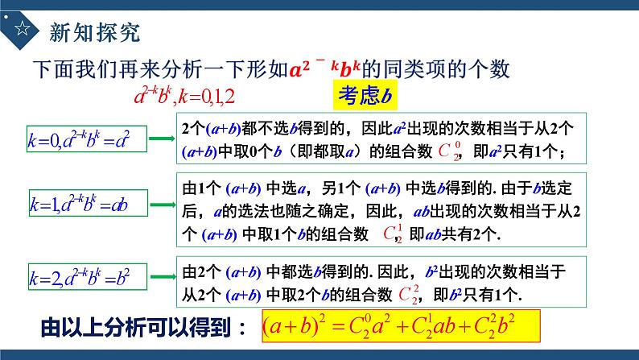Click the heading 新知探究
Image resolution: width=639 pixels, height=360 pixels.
(95, 32)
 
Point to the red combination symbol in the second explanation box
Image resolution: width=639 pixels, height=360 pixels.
(392, 234)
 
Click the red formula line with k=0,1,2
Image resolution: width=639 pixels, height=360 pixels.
(185, 98)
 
